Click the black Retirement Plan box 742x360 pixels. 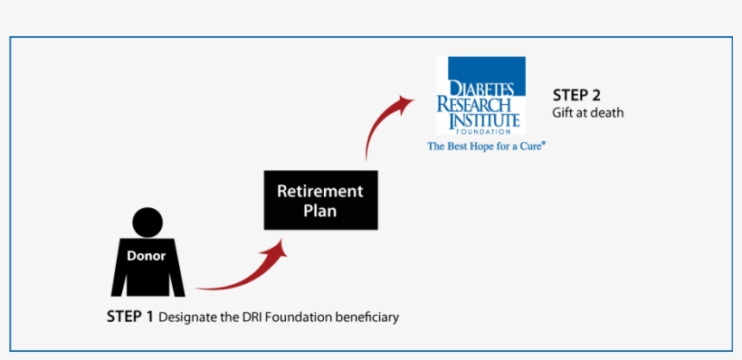(x=319, y=200)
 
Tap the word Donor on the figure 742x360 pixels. (x=147, y=256)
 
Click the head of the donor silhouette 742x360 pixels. (x=147, y=223)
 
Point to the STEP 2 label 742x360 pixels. (x=576, y=95)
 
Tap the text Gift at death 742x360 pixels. (x=588, y=113)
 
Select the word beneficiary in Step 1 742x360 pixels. (x=366, y=318)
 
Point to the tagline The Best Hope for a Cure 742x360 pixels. (x=486, y=145)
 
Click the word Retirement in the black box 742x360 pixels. (x=319, y=192)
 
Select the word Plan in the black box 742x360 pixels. (x=319, y=211)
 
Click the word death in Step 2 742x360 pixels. (x=607, y=113)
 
